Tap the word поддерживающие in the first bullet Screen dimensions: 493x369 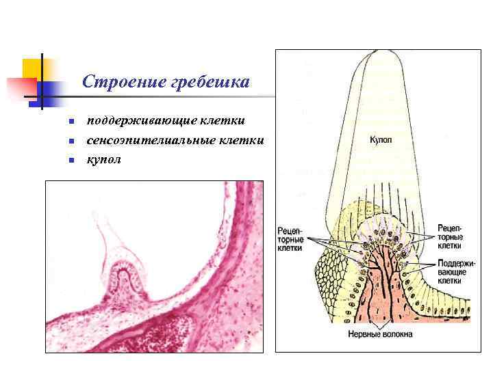tap(141, 121)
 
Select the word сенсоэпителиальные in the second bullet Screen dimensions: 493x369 tap(159, 141)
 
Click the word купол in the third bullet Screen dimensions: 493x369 tap(103, 160)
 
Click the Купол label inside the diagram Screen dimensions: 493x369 tap(381, 140)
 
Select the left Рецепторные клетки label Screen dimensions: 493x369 tap(291, 238)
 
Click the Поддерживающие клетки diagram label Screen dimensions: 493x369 tap(451, 272)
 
